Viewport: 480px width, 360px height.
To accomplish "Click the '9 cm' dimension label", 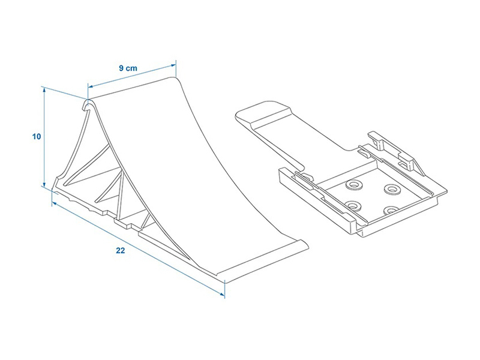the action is click(x=128, y=68).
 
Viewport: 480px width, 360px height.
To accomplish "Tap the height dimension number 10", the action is click(x=37, y=137).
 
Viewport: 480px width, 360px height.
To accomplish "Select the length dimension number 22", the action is click(x=121, y=250).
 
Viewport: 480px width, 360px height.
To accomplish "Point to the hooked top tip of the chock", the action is click(x=88, y=104).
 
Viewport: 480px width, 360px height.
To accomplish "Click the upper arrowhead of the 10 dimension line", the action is click(x=44, y=89).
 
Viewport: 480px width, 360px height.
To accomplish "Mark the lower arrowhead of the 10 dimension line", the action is click(x=44, y=184).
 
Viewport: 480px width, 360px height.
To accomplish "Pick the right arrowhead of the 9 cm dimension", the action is click(x=173, y=65).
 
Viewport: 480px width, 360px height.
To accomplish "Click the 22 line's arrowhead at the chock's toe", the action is click(x=222, y=295).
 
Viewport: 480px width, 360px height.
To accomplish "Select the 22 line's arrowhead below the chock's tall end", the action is click(x=54, y=203).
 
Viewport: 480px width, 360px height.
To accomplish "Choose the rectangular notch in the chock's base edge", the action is click(x=125, y=223).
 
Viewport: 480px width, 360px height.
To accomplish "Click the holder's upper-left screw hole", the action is click(x=353, y=185).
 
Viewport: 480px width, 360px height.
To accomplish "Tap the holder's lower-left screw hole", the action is click(x=354, y=206).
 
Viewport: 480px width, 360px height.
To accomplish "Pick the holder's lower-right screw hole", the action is click(x=392, y=211).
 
